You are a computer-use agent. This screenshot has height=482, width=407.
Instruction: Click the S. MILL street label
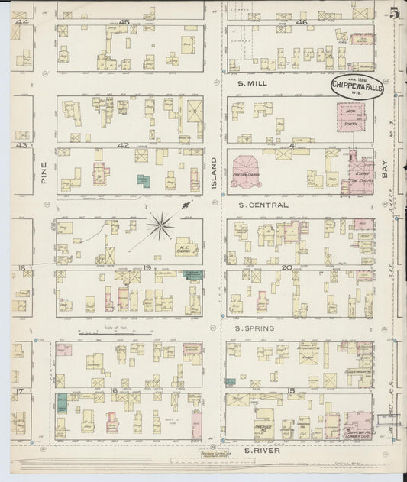[251, 82]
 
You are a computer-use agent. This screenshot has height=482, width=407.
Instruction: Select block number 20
[287, 267]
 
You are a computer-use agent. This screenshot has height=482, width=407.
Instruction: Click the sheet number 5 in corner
[393, 13]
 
